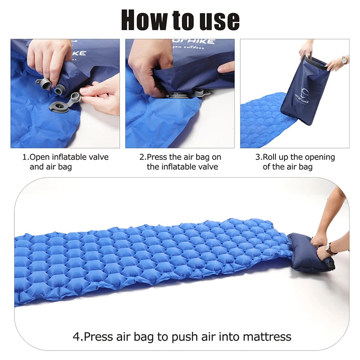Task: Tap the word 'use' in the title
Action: click(x=218, y=20)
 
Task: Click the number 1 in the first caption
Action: click(x=25, y=157)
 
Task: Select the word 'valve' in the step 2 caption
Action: click(x=208, y=166)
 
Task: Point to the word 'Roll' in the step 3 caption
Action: click(x=271, y=157)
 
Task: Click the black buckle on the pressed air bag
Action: click(x=332, y=266)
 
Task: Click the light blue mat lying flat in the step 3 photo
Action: click(x=261, y=121)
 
